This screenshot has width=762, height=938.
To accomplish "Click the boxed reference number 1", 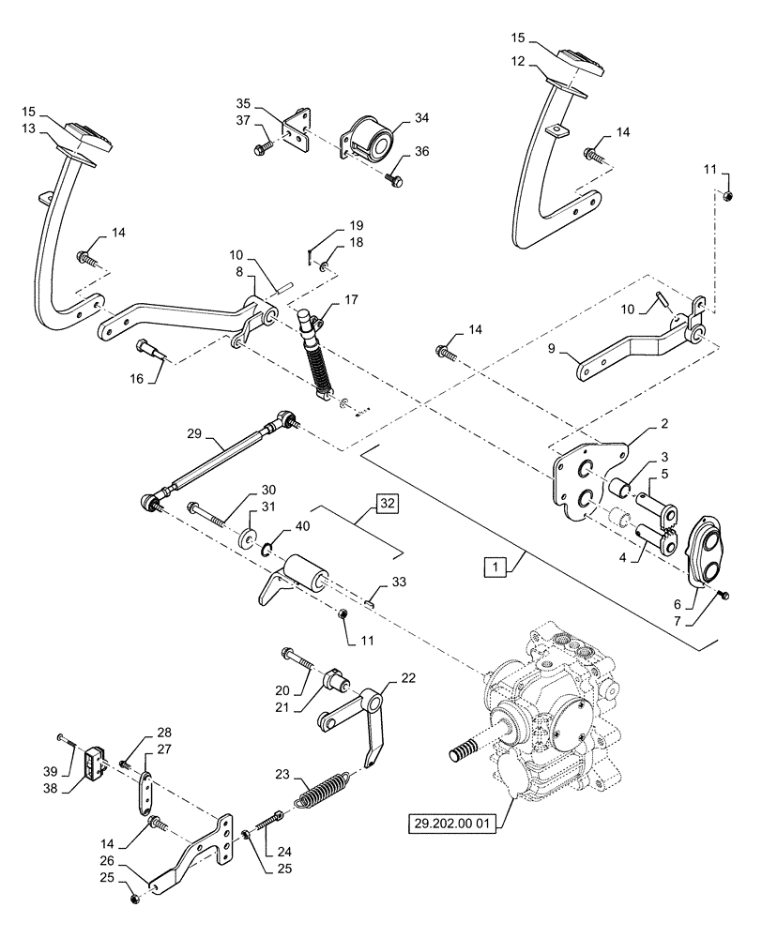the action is [494, 566].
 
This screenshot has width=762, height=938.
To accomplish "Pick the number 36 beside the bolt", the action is [422, 152].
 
